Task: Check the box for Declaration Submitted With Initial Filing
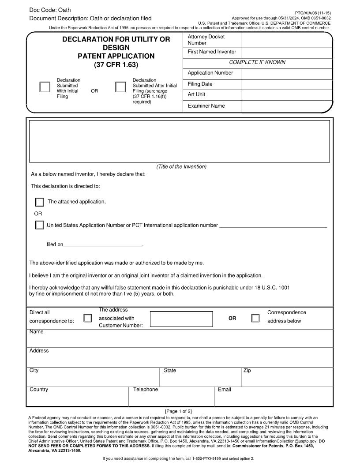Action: point(45,87)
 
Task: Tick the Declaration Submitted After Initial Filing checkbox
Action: point(120,87)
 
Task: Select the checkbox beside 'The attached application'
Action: point(40,202)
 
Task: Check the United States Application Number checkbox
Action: point(40,225)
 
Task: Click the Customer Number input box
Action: point(181,319)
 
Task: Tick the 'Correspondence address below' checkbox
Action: point(255,318)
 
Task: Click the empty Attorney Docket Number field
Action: point(286,40)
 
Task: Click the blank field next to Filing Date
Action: point(286,85)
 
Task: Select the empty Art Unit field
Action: point(286,95)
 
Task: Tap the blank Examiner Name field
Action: point(286,106)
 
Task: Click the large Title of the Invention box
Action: point(179,141)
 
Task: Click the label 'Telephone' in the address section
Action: point(146,390)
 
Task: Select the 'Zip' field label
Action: point(247,371)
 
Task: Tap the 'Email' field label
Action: point(224,390)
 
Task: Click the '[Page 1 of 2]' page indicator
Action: point(178,411)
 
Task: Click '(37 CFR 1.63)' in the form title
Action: point(116,65)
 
